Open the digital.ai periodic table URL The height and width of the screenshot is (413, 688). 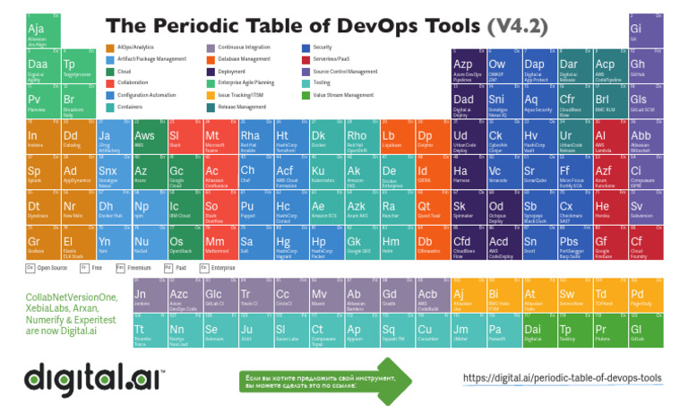tap(562, 378)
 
